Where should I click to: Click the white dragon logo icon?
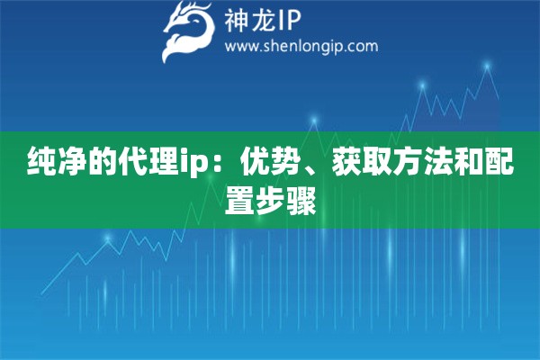186,31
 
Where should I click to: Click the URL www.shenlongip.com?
301,46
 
